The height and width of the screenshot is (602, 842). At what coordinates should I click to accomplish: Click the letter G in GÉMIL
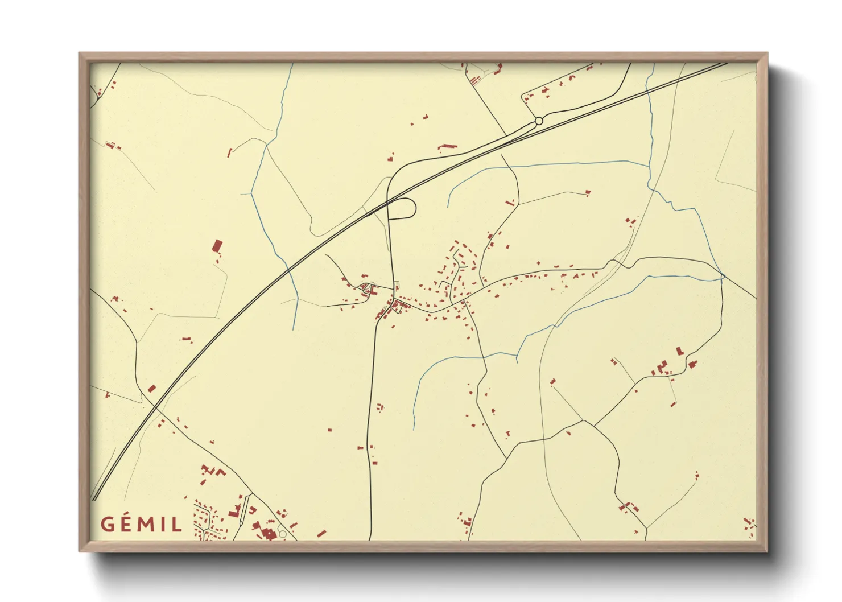(108, 523)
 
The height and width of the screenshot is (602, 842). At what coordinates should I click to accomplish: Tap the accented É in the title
(127, 523)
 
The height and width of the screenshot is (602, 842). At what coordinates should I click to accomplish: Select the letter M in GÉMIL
(147, 524)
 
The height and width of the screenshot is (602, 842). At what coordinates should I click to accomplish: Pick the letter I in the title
(164, 524)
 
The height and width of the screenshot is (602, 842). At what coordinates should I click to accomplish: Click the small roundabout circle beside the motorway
(538, 121)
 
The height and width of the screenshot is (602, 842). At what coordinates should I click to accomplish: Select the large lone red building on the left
(217, 246)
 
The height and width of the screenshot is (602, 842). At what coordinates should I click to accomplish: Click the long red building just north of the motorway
(448, 147)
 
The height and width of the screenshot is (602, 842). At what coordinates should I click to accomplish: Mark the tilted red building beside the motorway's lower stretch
(152, 389)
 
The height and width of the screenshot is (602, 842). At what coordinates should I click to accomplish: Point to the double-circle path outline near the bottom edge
(282, 534)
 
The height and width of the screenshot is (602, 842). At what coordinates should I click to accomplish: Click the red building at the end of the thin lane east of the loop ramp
(588, 192)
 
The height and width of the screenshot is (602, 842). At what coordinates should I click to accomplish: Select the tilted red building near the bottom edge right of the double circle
(321, 534)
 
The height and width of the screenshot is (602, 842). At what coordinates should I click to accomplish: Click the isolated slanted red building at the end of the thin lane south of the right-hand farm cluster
(674, 404)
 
